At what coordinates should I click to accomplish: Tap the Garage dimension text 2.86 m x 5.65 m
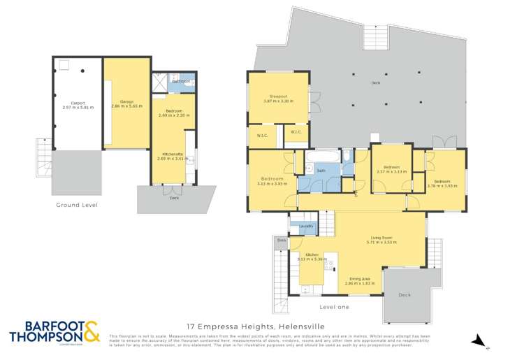tap(126, 106)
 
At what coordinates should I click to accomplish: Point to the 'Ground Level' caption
tap(77, 205)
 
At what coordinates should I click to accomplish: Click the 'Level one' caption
tap(334, 306)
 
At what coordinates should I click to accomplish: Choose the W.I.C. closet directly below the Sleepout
tap(296, 132)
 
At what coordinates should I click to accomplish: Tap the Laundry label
tap(305, 226)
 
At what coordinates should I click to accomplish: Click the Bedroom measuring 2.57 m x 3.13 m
tap(391, 171)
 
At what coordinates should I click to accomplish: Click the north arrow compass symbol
tap(477, 340)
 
